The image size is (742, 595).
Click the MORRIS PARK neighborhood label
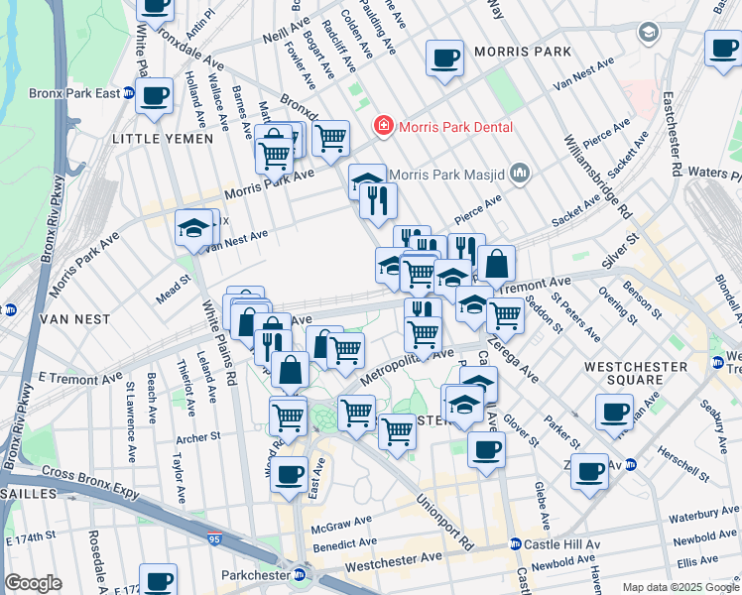pyautogui.click(x=522, y=52)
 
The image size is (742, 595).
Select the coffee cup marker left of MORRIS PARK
pyautogui.click(x=444, y=56)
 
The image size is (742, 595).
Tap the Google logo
pyautogui.click(x=34, y=583)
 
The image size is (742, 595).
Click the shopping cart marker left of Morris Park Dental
pyautogui.click(x=330, y=138)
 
